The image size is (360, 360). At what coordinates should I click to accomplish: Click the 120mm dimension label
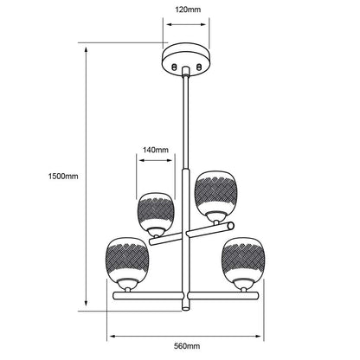click(188, 10)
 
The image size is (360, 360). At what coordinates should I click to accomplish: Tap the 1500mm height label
click(63, 177)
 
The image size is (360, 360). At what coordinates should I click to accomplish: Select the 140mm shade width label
click(156, 150)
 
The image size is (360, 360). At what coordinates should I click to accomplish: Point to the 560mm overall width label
click(187, 346)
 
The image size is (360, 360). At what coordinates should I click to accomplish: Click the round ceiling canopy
click(186, 59)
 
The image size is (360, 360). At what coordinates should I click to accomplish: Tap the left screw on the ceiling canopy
click(174, 67)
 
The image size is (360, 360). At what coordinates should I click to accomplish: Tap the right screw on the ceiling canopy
click(199, 67)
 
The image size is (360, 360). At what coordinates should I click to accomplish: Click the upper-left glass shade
click(156, 210)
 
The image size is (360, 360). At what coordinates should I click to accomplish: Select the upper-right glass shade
click(215, 192)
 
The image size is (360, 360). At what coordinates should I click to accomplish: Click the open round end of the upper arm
click(231, 226)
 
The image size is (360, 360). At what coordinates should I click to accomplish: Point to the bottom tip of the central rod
click(186, 310)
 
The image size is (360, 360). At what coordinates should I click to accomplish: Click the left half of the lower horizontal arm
click(148, 296)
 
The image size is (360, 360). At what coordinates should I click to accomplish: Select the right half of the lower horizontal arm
click(223, 296)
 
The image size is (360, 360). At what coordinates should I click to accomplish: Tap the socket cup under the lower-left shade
click(127, 284)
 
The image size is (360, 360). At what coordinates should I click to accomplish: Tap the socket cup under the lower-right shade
click(243, 284)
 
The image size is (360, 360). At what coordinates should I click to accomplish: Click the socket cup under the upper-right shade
click(215, 216)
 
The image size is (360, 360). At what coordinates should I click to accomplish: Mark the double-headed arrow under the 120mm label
click(186, 24)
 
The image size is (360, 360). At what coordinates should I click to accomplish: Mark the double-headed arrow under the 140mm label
click(156, 160)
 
